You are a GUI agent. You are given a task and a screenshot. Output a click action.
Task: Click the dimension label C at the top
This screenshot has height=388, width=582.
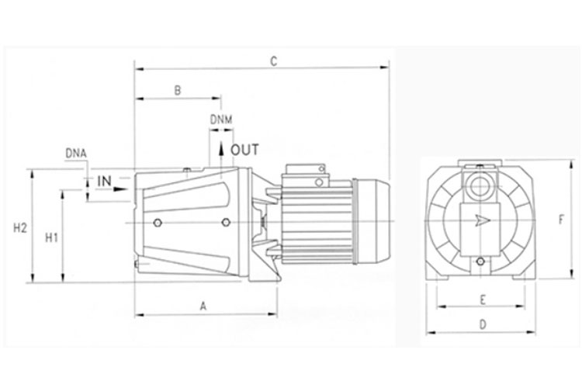click(274, 61)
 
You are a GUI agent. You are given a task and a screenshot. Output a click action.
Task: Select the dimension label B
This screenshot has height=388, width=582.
click(178, 90)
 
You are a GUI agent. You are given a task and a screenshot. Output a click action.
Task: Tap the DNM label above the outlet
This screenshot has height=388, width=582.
click(221, 120)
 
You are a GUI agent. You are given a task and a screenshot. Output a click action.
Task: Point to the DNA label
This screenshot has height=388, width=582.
click(76, 153)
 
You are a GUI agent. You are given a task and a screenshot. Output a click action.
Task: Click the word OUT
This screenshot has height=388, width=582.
click(244, 150)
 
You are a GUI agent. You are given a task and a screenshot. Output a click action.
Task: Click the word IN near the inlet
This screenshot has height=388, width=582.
click(104, 181)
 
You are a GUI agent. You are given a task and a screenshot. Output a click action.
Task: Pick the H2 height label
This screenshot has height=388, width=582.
click(20, 227)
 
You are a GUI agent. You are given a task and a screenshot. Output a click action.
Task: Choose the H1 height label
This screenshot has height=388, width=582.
click(51, 237)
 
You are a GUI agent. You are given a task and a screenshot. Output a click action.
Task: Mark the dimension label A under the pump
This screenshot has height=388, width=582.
click(203, 306)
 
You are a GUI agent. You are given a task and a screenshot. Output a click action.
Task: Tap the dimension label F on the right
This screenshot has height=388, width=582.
click(561, 220)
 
